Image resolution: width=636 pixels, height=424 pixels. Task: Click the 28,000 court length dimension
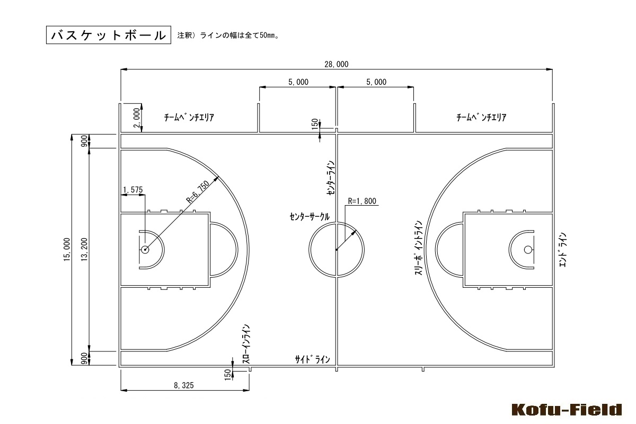337,64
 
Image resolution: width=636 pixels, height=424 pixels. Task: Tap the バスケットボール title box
109,35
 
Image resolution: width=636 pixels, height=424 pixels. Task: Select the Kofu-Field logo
567,410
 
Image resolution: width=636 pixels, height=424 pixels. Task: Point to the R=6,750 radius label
198,192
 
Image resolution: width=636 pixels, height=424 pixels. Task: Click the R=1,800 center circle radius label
362,201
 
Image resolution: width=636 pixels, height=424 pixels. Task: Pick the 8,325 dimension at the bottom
184,385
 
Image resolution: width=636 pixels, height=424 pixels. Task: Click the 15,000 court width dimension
67,250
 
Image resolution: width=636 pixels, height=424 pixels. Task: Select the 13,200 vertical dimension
84,250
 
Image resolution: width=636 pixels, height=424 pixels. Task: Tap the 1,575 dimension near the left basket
133,190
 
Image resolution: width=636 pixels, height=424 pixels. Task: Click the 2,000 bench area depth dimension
137,118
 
